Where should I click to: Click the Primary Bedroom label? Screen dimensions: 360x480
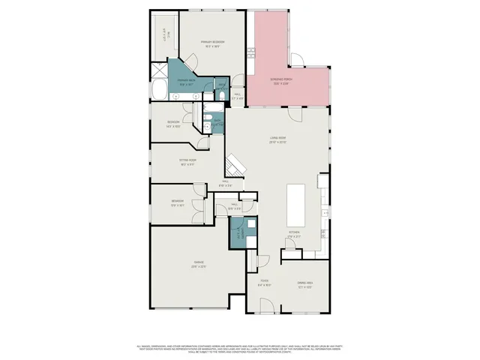[x=212, y=41]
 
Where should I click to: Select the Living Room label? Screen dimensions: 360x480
[x=279, y=138]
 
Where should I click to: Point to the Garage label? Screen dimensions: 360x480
[x=197, y=262]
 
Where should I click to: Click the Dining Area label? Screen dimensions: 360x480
[x=304, y=283]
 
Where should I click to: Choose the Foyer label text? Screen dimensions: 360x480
[x=264, y=283]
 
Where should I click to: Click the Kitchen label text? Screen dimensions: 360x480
[x=294, y=232]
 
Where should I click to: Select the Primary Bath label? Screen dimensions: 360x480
[x=186, y=81]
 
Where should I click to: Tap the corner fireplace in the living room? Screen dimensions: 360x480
[x=235, y=164]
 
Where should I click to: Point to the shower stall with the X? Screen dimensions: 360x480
[x=159, y=70]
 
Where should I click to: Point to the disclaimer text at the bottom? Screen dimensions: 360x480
[x=239, y=349]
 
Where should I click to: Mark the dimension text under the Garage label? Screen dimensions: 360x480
[x=197, y=266]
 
